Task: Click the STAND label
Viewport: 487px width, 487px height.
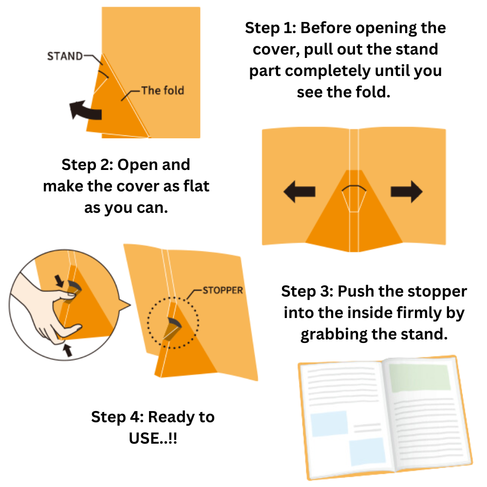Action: click(65, 56)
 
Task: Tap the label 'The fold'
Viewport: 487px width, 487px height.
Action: click(163, 91)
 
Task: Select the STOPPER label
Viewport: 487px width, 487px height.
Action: click(223, 290)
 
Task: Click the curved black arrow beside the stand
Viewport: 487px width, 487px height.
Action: click(84, 110)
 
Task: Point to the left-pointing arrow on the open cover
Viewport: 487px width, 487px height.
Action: click(300, 191)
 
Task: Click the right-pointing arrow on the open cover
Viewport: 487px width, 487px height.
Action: click(407, 191)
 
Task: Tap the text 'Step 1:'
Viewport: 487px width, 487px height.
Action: click(270, 28)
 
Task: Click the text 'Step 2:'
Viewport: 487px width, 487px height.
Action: click(87, 165)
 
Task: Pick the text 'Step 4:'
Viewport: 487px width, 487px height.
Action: click(117, 417)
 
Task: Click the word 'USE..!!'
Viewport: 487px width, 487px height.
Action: click(153, 439)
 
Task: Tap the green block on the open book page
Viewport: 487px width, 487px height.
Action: click(419, 377)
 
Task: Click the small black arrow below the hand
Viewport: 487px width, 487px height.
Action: click(68, 350)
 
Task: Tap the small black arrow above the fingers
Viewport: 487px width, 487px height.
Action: click(59, 281)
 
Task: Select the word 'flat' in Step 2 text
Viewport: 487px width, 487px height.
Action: click(196, 187)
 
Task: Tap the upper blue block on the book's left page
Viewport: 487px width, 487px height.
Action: click(329, 423)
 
